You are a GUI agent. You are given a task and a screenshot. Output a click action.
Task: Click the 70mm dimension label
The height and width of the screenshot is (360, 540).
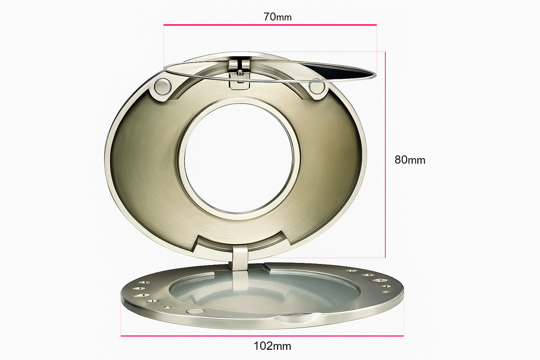click(x=278, y=16)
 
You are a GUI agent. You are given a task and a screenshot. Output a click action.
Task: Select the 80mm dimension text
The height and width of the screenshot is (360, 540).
click(x=410, y=160)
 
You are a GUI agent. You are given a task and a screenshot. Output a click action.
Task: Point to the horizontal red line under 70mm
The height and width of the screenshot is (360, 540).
click(x=270, y=25)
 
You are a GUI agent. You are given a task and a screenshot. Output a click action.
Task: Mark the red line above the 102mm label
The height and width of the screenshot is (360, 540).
click(x=262, y=336)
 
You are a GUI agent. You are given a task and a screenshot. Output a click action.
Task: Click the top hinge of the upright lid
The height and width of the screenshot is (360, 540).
click(x=238, y=67)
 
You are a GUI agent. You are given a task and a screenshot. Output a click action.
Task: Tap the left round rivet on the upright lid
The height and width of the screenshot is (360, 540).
click(x=161, y=85)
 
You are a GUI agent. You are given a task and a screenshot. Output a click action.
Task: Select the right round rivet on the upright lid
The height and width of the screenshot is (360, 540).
click(x=317, y=86)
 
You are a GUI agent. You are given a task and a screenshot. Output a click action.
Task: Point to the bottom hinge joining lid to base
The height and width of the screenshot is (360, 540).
click(x=239, y=258)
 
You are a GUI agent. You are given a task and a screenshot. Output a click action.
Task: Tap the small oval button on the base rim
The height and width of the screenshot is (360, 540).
click(x=195, y=311)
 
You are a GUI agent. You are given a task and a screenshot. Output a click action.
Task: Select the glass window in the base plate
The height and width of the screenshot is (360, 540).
click(x=265, y=291)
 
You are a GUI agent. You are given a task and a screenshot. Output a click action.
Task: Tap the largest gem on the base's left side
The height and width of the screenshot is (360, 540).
click(x=141, y=296)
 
